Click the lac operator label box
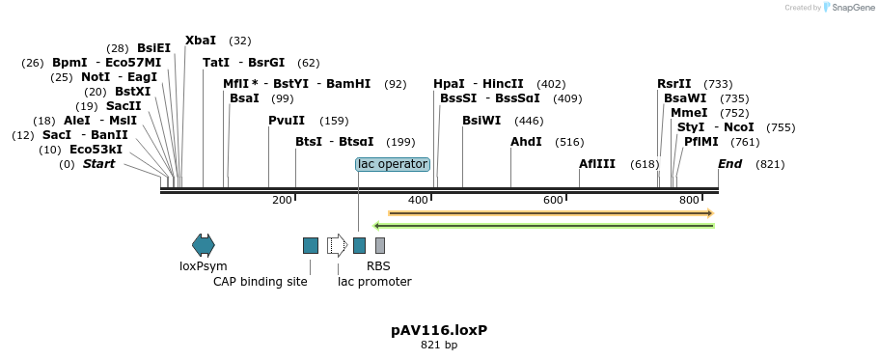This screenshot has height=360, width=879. pos(392,164)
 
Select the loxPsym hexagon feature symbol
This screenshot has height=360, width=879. pos(204,245)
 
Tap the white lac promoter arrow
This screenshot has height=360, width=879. pos(337,245)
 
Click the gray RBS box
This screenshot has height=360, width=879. pos(380,245)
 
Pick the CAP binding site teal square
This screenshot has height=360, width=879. pos(311,245)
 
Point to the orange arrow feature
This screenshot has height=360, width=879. pos(550,212)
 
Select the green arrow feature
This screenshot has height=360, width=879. pos(550,226)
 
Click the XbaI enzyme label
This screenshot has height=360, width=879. pos(201,41)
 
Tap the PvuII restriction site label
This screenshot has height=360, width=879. pos(287,121)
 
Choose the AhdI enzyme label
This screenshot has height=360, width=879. pos(526,142)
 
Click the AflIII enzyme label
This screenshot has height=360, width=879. pos(597,164)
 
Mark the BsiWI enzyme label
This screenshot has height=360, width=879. pos(481,121)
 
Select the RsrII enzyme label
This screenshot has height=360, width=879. pos(674,84)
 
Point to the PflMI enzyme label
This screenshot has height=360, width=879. pos(700,142)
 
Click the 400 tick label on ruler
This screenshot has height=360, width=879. pos(418,200)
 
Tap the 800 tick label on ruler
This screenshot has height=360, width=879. pos(688,200)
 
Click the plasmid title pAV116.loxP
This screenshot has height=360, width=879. pos(439,330)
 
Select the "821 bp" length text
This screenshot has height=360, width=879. pos(439,345)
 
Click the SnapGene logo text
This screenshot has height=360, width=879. pos(848,8)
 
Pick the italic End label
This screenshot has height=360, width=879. pos(729,164)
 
